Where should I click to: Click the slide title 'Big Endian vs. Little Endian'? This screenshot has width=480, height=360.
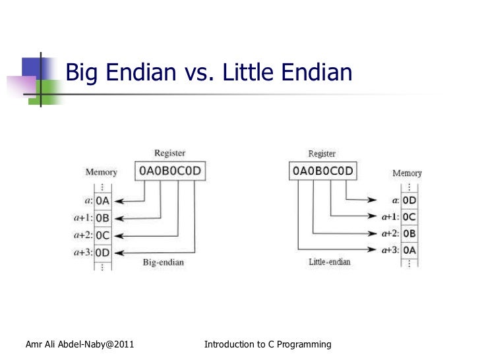pos(210,73)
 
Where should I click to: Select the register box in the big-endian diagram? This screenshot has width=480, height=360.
pos(169,172)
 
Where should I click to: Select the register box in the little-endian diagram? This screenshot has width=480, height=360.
pos(322,172)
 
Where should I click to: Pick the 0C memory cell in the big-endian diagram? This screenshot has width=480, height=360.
pos(103,235)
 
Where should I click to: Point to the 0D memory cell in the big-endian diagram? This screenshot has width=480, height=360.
pos(103,252)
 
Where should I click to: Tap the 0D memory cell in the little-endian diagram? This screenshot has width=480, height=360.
pos(409,199)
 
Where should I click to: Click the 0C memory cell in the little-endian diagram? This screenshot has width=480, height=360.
pos(409,216)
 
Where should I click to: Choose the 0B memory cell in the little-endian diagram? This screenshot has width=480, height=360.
pos(409,233)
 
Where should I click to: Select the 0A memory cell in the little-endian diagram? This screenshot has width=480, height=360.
pos(409,250)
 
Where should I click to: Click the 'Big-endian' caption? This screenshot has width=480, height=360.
pos(164,262)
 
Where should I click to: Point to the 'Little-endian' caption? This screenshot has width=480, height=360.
pos(330,262)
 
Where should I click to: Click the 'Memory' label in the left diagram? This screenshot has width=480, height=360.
pos(101,172)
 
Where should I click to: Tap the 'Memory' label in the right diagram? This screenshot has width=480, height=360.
pos(407,173)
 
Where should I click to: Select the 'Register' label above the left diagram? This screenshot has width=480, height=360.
pos(169,154)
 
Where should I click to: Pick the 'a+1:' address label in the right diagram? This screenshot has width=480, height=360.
pos(389,216)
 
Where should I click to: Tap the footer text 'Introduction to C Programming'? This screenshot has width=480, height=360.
pos(268,344)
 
